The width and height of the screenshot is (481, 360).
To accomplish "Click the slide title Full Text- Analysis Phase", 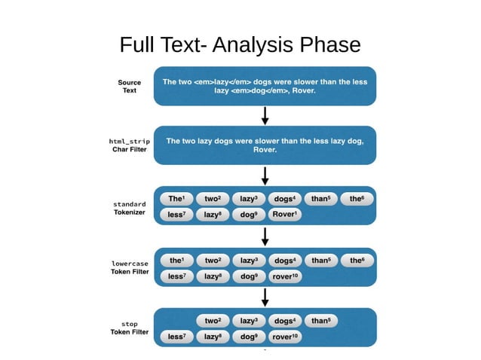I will click(x=240, y=45).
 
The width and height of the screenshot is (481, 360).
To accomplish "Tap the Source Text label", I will click(x=129, y=86).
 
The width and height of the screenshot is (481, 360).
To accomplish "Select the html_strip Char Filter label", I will click(x=129, y=145).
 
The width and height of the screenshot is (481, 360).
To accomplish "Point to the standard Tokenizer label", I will click(x=129, y=208).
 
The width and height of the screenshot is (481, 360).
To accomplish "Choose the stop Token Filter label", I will click(x=129, y=328).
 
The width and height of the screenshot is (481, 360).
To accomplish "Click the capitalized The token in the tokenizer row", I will click(x=177, y=199).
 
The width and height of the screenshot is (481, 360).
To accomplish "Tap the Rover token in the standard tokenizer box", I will click(x=285, y=214).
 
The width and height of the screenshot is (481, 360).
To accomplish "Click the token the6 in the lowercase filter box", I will click(x=357, y=260).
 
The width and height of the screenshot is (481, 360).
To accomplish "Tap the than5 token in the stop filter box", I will click(x=321, y=320).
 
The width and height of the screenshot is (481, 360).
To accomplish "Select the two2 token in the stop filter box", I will click(x=213, y=320).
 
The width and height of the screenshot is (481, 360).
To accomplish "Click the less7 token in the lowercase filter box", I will click(x=177, y=276).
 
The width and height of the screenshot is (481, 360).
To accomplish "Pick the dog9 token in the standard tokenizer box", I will click(x=249, y=214).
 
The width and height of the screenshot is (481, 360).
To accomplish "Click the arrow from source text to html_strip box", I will click(x=265, y=115).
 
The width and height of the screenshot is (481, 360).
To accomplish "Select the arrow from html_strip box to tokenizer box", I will click(x=265, y=175).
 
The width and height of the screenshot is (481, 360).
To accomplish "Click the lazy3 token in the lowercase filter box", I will click(x=249, y=260).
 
